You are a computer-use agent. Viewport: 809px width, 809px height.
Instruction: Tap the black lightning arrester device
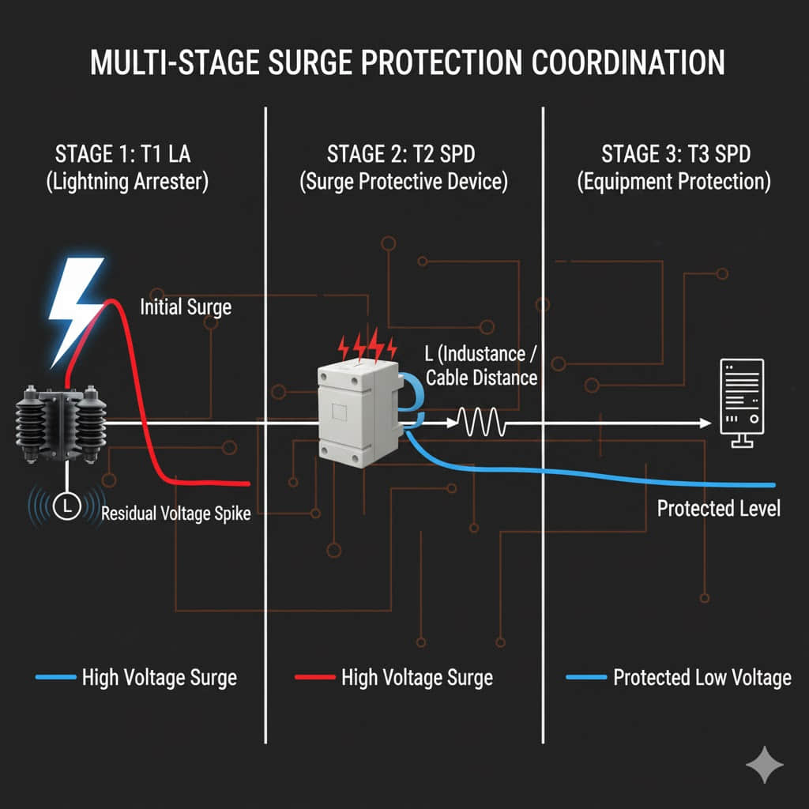click(x=59, y=423)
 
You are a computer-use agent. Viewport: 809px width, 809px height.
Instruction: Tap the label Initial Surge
click(x=186, y=306)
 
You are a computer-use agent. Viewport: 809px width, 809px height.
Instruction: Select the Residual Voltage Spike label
click(x=176, y=514)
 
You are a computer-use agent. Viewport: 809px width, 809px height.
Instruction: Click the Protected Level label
click(x=718, y=507)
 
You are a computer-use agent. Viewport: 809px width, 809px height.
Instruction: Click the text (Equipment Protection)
click(x=674, y=182)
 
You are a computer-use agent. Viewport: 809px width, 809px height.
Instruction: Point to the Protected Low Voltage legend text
click(x=702, y=677)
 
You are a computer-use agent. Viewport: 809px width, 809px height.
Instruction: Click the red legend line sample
click(x=313, y=677)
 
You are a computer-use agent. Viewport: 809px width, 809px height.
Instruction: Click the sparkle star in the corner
click(x=765, y=765)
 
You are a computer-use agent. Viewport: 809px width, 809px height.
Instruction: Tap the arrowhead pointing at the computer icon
click(x=704, y=423)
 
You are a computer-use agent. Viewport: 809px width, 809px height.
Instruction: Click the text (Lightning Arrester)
click(x=127, y=182)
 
